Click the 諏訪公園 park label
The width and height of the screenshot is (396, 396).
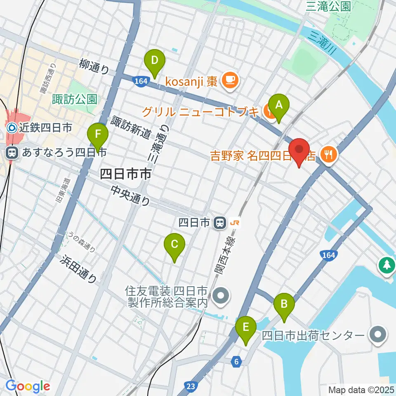coord(75,99)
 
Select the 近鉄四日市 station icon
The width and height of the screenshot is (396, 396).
coord(12,128)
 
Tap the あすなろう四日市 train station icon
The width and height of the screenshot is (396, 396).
coord(12,153)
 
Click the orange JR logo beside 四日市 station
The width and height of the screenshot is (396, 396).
coord(236,223)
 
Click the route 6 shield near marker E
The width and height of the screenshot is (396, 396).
coord(236,362)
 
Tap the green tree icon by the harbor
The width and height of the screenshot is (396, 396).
coord(387,264)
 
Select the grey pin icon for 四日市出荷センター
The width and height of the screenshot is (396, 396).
coord(378,335)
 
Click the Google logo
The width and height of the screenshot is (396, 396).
coord(28,386)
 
